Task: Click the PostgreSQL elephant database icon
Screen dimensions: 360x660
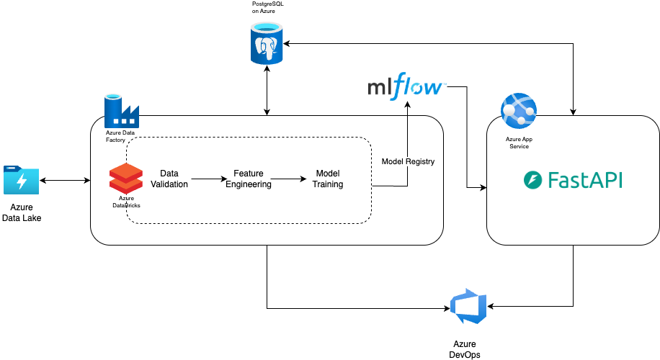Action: (x=267, y=44)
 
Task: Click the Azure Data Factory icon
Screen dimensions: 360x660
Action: (x=121, y=109)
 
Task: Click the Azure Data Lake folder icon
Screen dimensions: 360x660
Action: (x=21, y=180)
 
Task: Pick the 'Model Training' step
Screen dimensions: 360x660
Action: (x=328, y=179)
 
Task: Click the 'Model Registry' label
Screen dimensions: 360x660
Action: (x=408, y=162)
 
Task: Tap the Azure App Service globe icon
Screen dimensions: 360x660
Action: (x=519, y=110)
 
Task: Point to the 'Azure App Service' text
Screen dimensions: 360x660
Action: (x=519, y=143)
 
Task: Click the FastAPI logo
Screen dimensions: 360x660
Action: (x=573, y=180)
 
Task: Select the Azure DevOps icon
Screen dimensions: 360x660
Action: (x=468, y=307)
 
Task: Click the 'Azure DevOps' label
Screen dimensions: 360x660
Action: (x=465, y=349)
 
